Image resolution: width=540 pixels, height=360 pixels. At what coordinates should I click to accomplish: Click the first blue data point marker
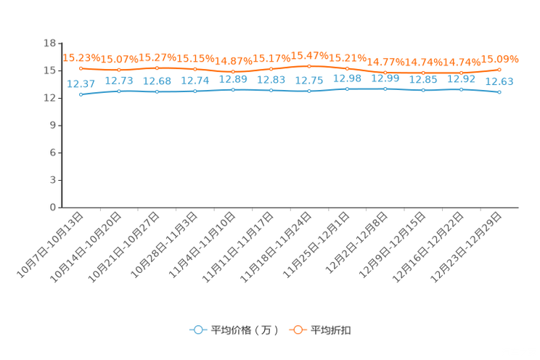click(81, 95)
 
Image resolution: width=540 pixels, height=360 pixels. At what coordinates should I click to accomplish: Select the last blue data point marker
click(499, 93)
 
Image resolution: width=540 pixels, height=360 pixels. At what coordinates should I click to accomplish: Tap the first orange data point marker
click(81, 68)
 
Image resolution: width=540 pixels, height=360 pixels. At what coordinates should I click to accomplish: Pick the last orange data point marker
click(499, 70)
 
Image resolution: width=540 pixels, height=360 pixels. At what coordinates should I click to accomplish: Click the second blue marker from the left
click(119, 91)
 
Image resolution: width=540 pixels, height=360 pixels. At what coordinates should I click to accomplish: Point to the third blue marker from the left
click(157, 92)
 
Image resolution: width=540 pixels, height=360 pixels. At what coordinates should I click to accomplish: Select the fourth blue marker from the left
click(195, 92)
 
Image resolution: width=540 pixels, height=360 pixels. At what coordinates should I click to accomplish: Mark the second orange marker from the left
click(119, 70)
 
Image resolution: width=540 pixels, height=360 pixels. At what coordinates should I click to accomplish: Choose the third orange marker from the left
click(157, 68)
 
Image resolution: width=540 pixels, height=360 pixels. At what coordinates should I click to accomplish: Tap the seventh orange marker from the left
click(309, 66)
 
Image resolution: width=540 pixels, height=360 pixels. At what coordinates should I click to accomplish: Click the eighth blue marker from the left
click(348, 89)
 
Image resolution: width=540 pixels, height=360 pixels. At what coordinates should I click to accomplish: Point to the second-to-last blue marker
click(461, 89)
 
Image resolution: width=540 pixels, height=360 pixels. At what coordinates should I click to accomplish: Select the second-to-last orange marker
click(461, 73)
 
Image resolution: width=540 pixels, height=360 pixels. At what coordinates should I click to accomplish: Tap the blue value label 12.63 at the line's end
click(499, 81)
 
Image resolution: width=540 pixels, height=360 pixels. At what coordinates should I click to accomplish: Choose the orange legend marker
click(298, 330)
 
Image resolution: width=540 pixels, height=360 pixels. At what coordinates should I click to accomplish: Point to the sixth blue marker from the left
click(271, 91)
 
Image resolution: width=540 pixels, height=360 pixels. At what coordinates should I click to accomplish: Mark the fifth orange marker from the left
click(233, 71)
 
